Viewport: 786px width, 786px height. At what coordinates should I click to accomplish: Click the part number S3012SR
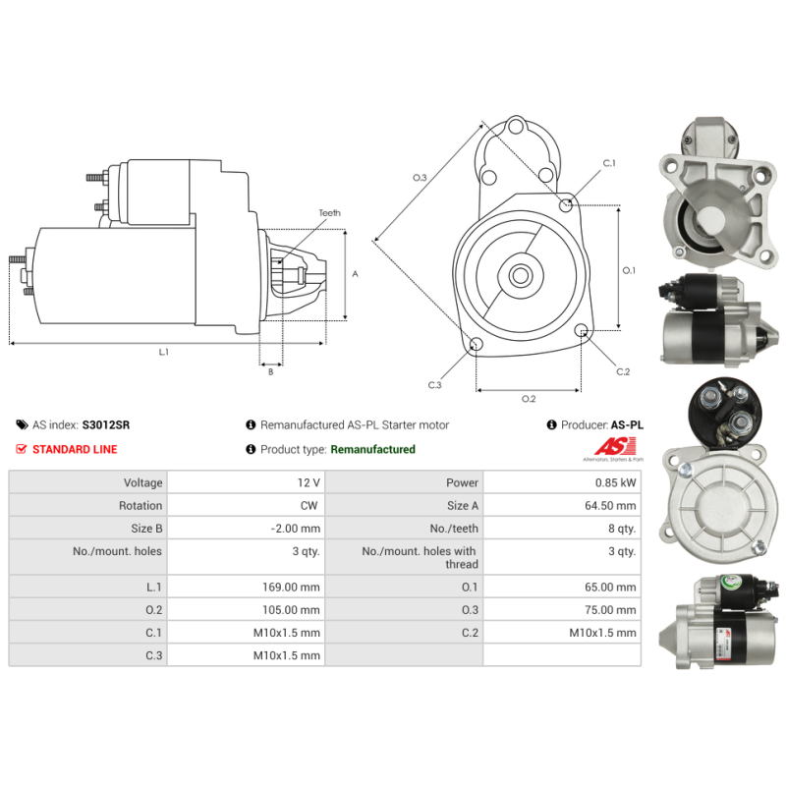[106, 425]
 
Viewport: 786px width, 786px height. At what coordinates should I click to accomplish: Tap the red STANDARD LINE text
[75, 449]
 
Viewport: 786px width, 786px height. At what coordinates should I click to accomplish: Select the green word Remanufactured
[373, 449]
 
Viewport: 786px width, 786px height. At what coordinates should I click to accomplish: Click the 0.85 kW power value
[616, 482]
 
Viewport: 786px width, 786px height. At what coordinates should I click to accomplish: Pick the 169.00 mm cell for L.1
[291, 587]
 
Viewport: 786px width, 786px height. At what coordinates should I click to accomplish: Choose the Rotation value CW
[309, 505]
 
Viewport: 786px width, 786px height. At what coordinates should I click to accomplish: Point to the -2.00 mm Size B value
[296, 529]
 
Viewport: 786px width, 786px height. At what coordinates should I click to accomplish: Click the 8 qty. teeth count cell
[622, 529]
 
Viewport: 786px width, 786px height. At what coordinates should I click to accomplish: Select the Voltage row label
[143, 482]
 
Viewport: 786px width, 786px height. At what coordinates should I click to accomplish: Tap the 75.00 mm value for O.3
[610, 610]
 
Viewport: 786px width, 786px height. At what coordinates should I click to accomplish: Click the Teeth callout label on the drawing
[330, 213]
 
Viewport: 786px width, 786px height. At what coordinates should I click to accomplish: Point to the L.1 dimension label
[164, 353]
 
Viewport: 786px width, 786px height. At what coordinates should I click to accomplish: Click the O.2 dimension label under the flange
[529, 399]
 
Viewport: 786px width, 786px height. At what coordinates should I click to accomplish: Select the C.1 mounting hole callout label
[609, 163]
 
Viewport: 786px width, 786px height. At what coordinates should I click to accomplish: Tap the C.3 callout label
[434, 385]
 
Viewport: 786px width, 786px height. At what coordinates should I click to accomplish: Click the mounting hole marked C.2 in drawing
[582, 330]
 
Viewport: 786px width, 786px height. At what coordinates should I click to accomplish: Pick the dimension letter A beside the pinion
[355, 274]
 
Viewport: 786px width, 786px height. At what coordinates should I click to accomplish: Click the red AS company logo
[616, 447]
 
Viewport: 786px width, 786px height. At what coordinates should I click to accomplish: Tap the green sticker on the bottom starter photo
[731, 584]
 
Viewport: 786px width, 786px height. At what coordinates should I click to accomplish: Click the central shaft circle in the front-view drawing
[521, 275]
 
